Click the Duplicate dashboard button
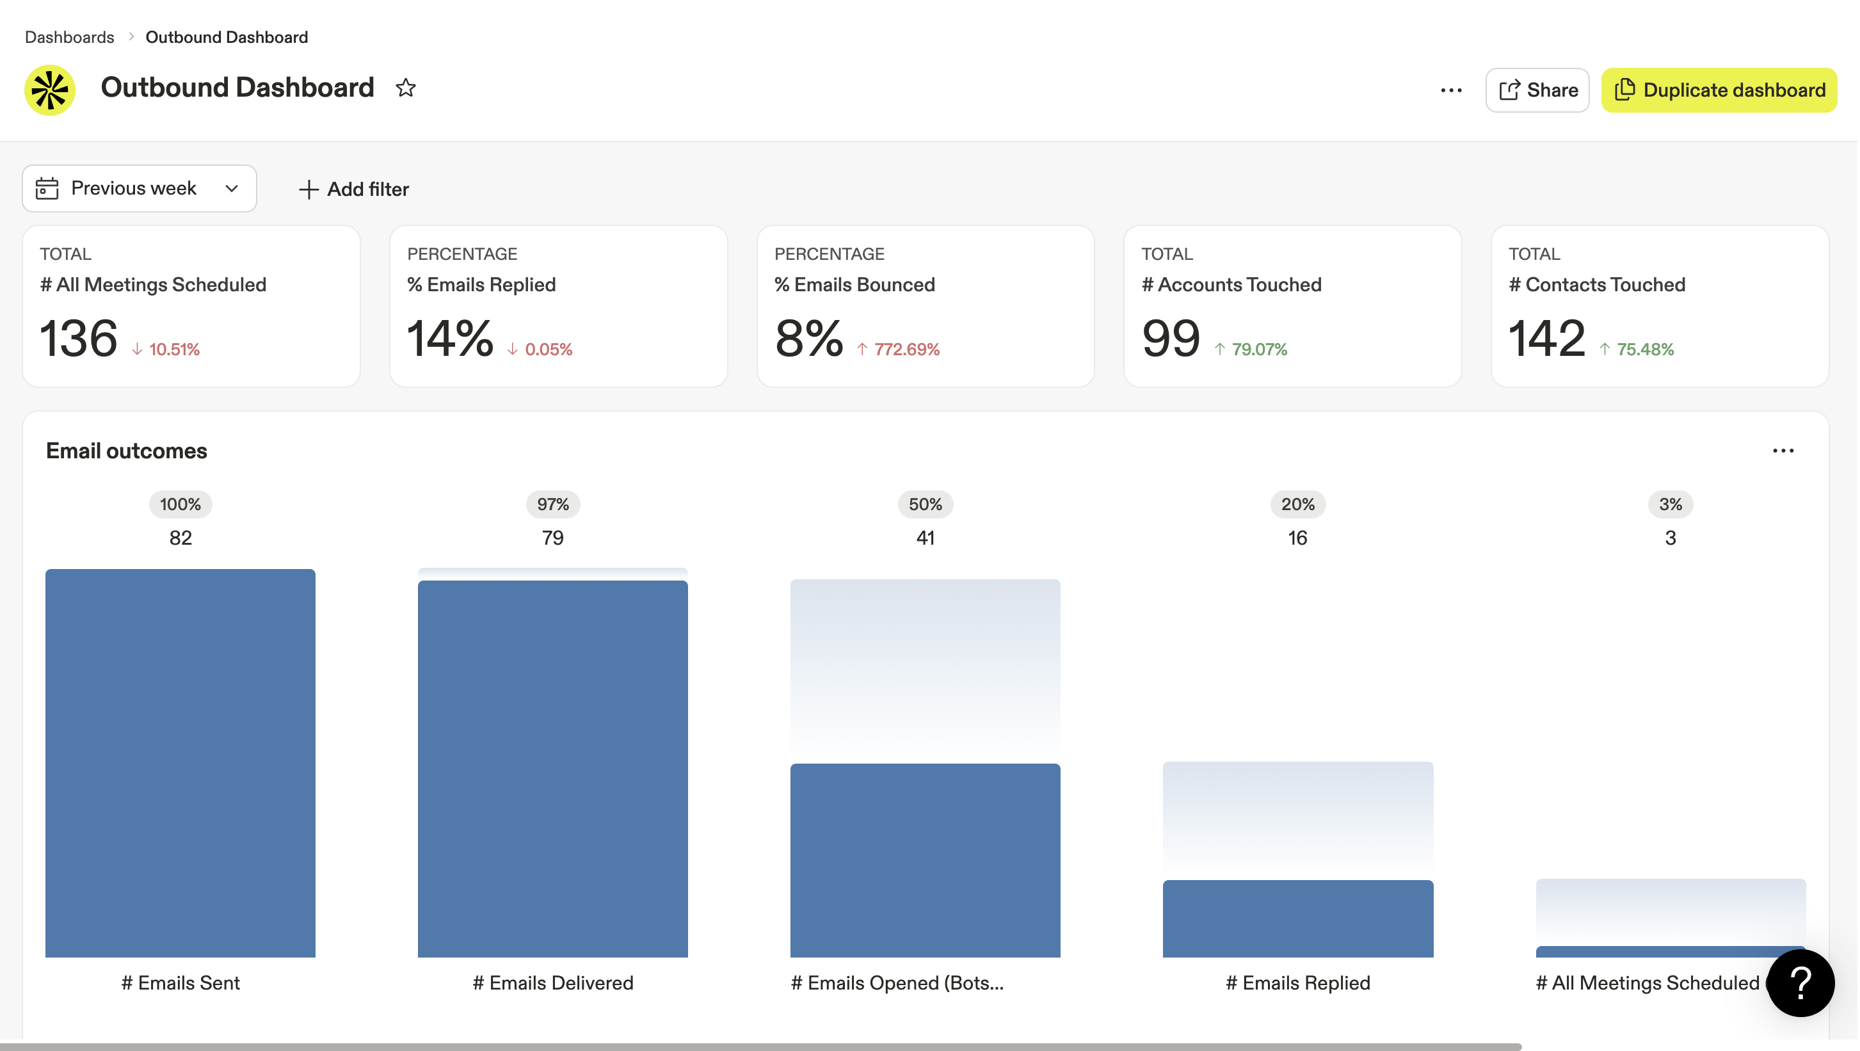pos(1719,90)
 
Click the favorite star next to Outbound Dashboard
pos(406,88)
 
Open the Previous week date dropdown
pos(140,188)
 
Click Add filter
pos(354,189)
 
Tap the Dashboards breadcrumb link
pos(69,37)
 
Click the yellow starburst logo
pos(50,90)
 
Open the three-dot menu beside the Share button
pos(1450,90)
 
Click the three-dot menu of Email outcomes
pos(1783,451)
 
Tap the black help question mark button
pos(1800,983)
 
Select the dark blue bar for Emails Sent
pos(180,762)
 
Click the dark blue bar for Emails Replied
pos(1297,918)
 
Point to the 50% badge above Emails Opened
pos(925,504)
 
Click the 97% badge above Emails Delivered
pos(552,504)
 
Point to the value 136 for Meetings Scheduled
pos(79,338)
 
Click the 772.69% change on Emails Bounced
pos(906,349)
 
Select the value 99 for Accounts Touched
pos(1171,338)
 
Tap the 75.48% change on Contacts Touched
pos(1644,349)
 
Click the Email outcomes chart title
pos(126,451)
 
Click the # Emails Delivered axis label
pos(552,983)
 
